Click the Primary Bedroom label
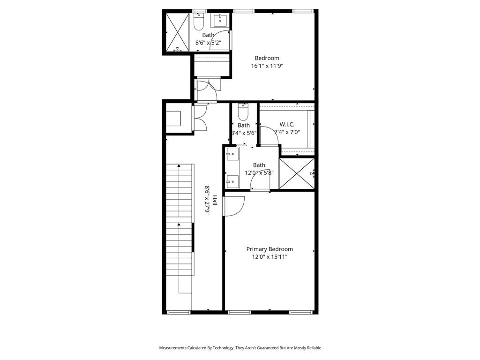[270, 249]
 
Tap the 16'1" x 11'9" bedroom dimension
[267, 66]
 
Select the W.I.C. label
[287, 124]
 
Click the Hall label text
[215, 200]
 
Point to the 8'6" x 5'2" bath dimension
[208, 43]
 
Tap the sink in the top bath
[220, 21]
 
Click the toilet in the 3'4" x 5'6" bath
[243, 113]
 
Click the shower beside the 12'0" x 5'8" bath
[296, 174]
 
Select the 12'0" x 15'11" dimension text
[270, 257]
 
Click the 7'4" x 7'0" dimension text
[287, 132]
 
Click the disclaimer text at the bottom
[240, 348]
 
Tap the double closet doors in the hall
[199, 118]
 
